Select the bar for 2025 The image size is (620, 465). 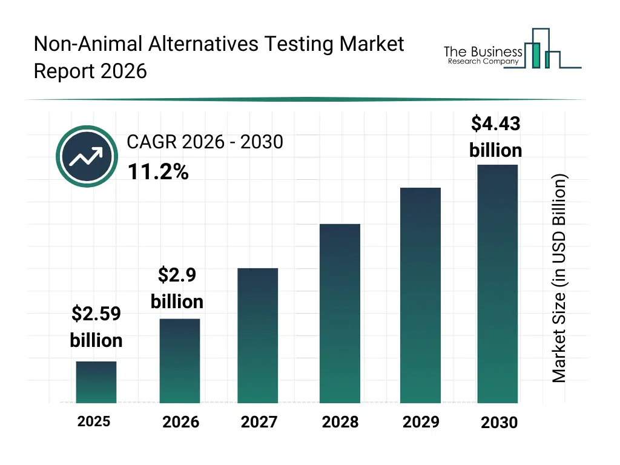[96, 382]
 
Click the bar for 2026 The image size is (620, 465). [180, 361]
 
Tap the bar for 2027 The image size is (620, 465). [258, 335]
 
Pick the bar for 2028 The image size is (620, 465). [340, 314]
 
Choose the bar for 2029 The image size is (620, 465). [420, 295]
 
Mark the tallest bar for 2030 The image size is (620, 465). [498, 283]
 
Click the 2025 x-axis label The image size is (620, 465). [94, 421]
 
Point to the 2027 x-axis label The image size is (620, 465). [259, 422]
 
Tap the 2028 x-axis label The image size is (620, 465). [340, 422]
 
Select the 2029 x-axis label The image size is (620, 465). [421, 422]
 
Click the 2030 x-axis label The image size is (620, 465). [500, 423]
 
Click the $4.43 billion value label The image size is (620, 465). [496, 137]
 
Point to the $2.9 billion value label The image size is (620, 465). [177, 288]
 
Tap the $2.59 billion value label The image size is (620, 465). [96, 327]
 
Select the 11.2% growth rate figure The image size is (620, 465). [158, 173]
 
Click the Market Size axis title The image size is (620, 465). [559, 279]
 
